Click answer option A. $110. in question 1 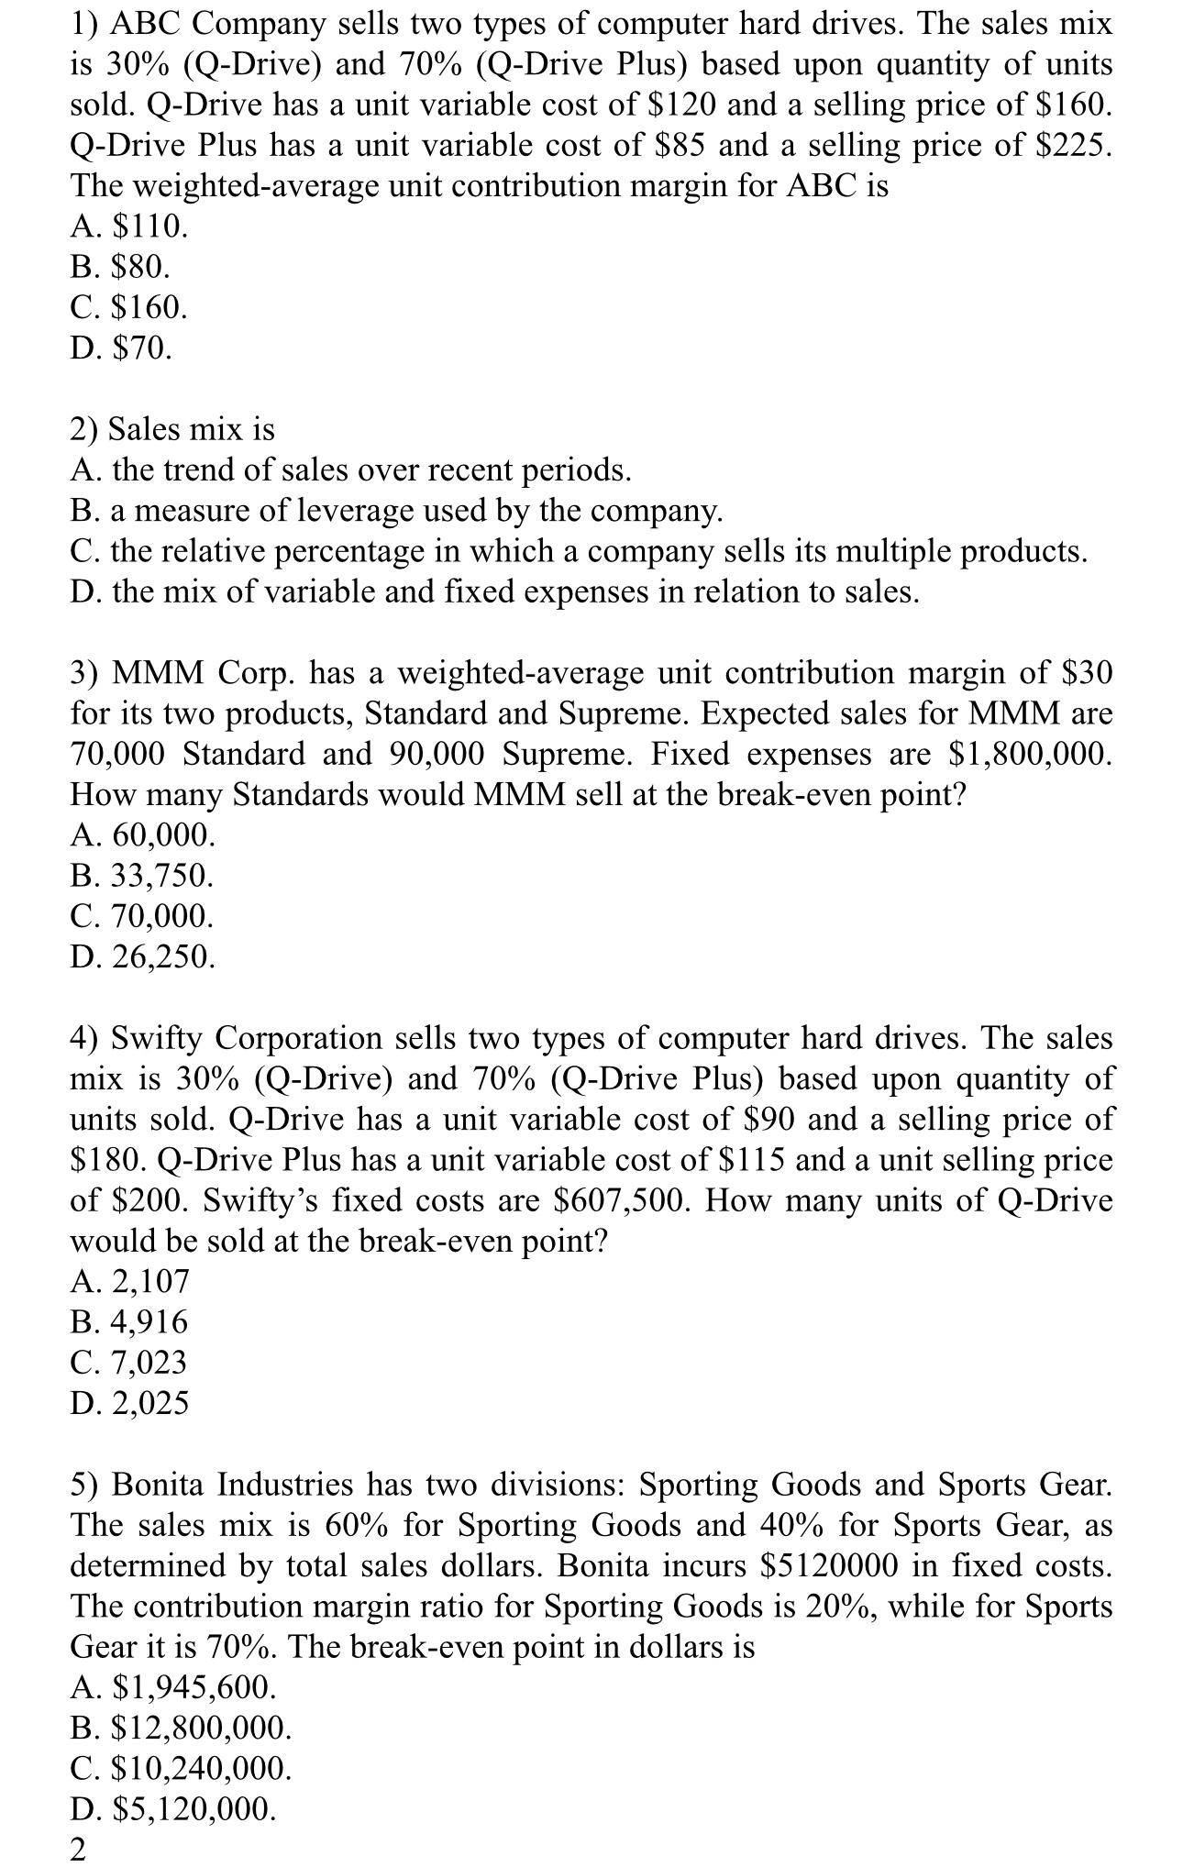tap(129, 226)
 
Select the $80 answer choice tap(120, 267)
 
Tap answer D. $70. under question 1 tap(120, 348)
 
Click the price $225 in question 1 tap(1079, 146)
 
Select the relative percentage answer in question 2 tap(579, 551)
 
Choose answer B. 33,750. tap(142, 876)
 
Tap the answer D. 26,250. tap(143, 956)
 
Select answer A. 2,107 tap(129, 1281)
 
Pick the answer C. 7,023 tap(129, 1362)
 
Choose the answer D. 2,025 tap(129, 1402)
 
